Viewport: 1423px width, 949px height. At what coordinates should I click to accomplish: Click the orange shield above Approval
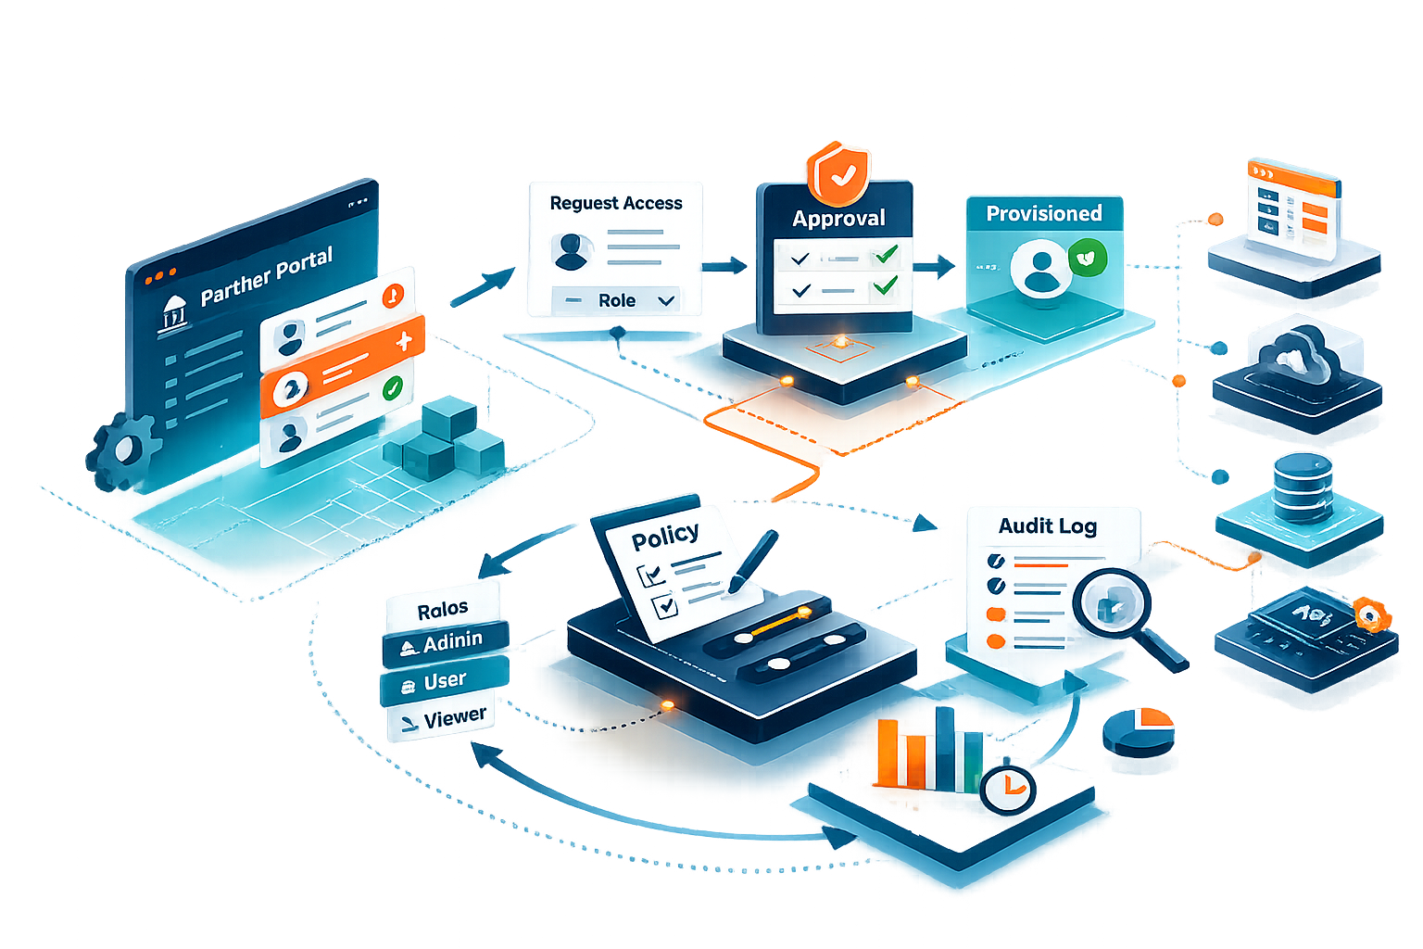[x=838, y=172]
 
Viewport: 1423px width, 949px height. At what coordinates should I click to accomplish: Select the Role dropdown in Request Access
[x=617, y=300]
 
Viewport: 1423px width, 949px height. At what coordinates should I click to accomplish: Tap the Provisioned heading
[x=1043, y=214]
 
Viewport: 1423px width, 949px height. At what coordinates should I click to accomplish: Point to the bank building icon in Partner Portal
[x=174, y=314]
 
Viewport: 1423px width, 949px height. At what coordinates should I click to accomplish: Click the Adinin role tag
[x=446, y=642]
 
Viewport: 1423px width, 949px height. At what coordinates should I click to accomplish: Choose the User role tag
[x=444, y=682]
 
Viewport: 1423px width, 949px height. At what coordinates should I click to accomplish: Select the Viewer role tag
[x=442, y=719]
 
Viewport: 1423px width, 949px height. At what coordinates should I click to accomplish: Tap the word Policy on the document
[x=664, y=536]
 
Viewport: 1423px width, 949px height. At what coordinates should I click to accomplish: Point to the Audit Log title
[x=1047, y=526]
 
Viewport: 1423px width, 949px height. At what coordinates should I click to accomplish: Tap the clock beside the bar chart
[x=1007, y=789]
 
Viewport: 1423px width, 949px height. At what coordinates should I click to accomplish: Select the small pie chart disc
[x=1139, y=730]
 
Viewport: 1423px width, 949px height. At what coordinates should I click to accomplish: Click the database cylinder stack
[x=1303, y=487]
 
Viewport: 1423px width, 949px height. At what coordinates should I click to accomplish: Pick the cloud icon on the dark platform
[x=1299, y=356]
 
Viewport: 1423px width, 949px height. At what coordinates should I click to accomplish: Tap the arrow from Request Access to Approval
[x=724, y=267]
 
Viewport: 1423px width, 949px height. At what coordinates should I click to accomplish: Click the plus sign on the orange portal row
[x=404, y=342]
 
